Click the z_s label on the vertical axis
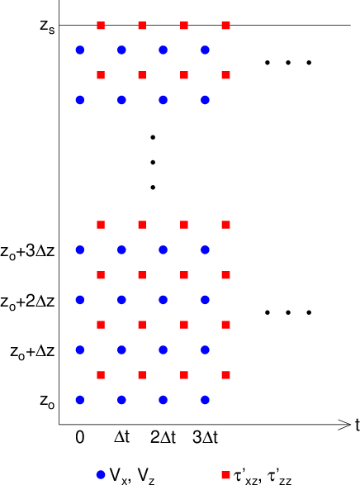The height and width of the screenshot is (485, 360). pyautogui.click(x=47, y=26)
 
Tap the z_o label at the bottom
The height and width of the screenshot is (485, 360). pyautogui.click(x=47, y=402)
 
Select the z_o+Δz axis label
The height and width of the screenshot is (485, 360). pyautogui.click(x=32, y=352)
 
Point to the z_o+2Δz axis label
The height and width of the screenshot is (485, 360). pyautogui.click(x=27, y=302)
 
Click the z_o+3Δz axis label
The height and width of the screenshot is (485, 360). pyautogui.click(x=27, y=251)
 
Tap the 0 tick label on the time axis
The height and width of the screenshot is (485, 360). pyautogui.click(x=80, y=437)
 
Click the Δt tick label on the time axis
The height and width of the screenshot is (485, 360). pyautogui.click(x=121, y=437)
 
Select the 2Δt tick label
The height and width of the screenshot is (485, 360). pyautogui.click(x=163, y=437)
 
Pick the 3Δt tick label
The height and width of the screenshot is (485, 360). pyautogui.click(x=205, y=437)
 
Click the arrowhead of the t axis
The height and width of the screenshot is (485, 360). pyautogui.click(x=347, y=425)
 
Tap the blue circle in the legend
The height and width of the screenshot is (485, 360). pyautogui.click(x=101, y=475)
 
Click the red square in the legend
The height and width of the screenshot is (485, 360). pyautogui.click(x=226, y=475)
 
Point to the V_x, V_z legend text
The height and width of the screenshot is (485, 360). pyautogui.click(x=132, y=476)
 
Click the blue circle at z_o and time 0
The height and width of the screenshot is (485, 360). pyautogui.click(x=80, y=400)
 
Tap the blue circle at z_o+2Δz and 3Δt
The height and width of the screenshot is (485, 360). pyautogui.click(x=206, y=300)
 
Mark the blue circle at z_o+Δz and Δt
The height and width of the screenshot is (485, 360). pyautogui.click(x=121, y=349)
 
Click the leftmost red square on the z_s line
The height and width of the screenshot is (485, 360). pyautogui.click(x=101, y=25)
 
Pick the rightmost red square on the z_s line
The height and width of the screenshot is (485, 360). pyautogui.click(x=226, y=25)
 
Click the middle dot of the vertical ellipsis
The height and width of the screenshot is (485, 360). pyautogui.click(x=153, y=162)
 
